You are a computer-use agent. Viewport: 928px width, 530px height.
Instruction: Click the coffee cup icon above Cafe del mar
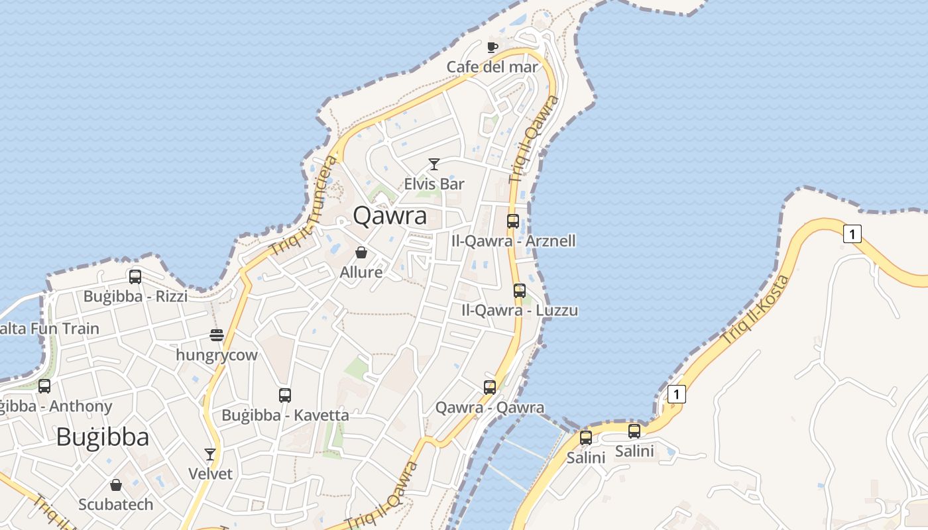point(492,47)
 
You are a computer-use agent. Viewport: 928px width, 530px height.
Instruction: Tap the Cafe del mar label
point(492,67)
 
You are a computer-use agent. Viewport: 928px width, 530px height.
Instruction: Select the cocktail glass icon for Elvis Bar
point(434,164)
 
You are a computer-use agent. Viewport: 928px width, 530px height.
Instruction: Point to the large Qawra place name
point(390,216)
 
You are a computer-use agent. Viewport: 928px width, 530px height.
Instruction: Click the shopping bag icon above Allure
point(361,252)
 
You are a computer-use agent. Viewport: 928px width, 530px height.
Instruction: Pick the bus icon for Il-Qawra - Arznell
point(513,221)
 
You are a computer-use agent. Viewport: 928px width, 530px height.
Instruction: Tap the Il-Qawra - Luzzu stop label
point(520,310)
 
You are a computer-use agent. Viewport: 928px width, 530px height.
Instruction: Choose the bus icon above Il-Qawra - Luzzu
point(520,290)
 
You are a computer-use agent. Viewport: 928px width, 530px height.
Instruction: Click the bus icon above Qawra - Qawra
point(490,388)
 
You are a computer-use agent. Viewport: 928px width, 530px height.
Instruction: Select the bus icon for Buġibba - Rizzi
point(135,276)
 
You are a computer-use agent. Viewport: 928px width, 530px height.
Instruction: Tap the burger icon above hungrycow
point(216,335)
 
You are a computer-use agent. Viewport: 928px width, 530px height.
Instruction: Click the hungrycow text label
point(216,355)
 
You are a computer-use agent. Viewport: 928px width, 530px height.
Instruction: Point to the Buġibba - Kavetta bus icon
point(285,396)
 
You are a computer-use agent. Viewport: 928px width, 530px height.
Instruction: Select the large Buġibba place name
point(103,437)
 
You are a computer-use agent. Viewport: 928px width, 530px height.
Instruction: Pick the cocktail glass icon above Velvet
point(210,454)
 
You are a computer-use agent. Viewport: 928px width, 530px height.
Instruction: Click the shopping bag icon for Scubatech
point(116,485)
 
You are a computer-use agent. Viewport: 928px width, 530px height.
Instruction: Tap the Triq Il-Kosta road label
point(756,309)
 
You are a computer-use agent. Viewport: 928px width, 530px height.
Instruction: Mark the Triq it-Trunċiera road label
point(302,207)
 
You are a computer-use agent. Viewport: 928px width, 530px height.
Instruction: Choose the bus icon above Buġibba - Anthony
point(44,386)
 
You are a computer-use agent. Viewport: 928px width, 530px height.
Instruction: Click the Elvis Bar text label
point(434,184)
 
